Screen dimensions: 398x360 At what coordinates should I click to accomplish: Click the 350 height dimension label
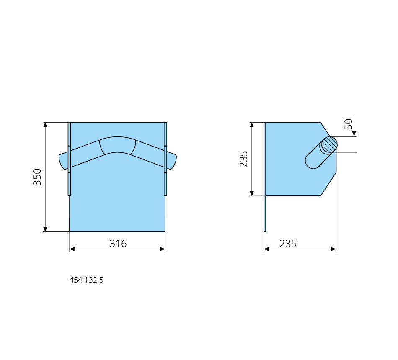[x=37, y=177]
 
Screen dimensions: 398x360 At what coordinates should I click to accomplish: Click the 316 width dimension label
[x=118, y=244]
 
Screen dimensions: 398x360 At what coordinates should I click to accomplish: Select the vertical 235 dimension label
[x=244, y=159]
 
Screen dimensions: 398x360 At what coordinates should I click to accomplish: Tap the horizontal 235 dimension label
[x=288, y=244]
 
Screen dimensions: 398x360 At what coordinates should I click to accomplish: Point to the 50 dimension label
[x=349, y=124]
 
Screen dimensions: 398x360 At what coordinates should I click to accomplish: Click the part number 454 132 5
[x=86, y=280]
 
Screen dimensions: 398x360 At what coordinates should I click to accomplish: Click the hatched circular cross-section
[x=329, y=144]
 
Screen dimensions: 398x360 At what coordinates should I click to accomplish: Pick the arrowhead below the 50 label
[x=354, y=134]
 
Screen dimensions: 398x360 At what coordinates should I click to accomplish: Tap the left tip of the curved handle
[x=59, y=155]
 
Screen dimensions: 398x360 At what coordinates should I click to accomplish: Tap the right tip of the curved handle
[x=176, y=155]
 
